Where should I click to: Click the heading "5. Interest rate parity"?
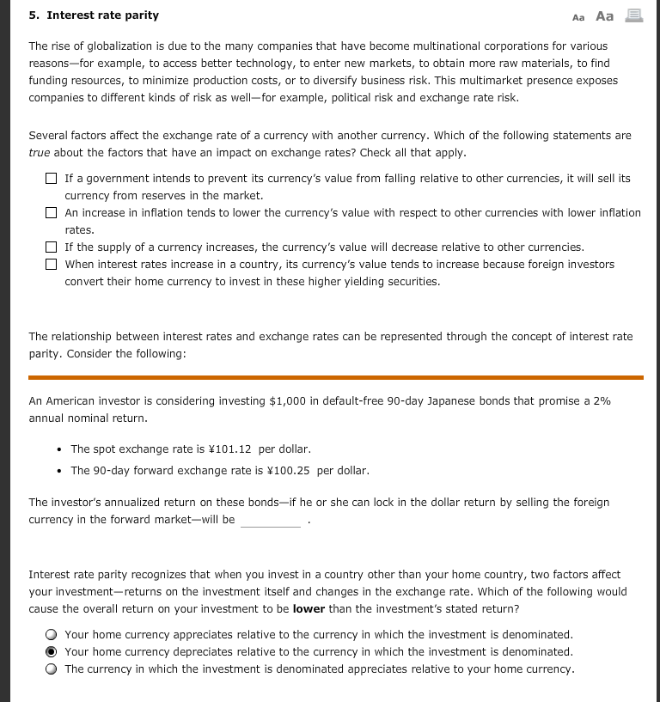pyautogui.click(x=94, y=15)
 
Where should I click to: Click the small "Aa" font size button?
pyautogui.click(x=577, y=17)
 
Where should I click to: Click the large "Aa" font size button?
pyautogui.click(x=604, y=16)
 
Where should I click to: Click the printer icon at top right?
pyautogui.click(x=635, y=16)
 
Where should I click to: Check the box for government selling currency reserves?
pyautogui.click(x=52, y=179)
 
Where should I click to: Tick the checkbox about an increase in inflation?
pyautogui.click(x=52, y=213)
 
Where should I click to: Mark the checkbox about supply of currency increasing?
pyautogui.click(x=52, y=247)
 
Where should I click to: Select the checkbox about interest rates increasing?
pyautogui.click(x=52, y=265)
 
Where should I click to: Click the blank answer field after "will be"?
pyautogui.click(x=270, y=520)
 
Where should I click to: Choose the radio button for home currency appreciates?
pyautogui.click(x=52, y=635)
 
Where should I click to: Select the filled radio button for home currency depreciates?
pyautogui.click(x=52, y=652)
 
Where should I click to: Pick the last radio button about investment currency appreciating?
pyautogui.click(x=52, y=669)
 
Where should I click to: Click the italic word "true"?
pyautogui.click(x=40, y=152)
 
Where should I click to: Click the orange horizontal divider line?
pyautogui.click(x=335, y=376)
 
